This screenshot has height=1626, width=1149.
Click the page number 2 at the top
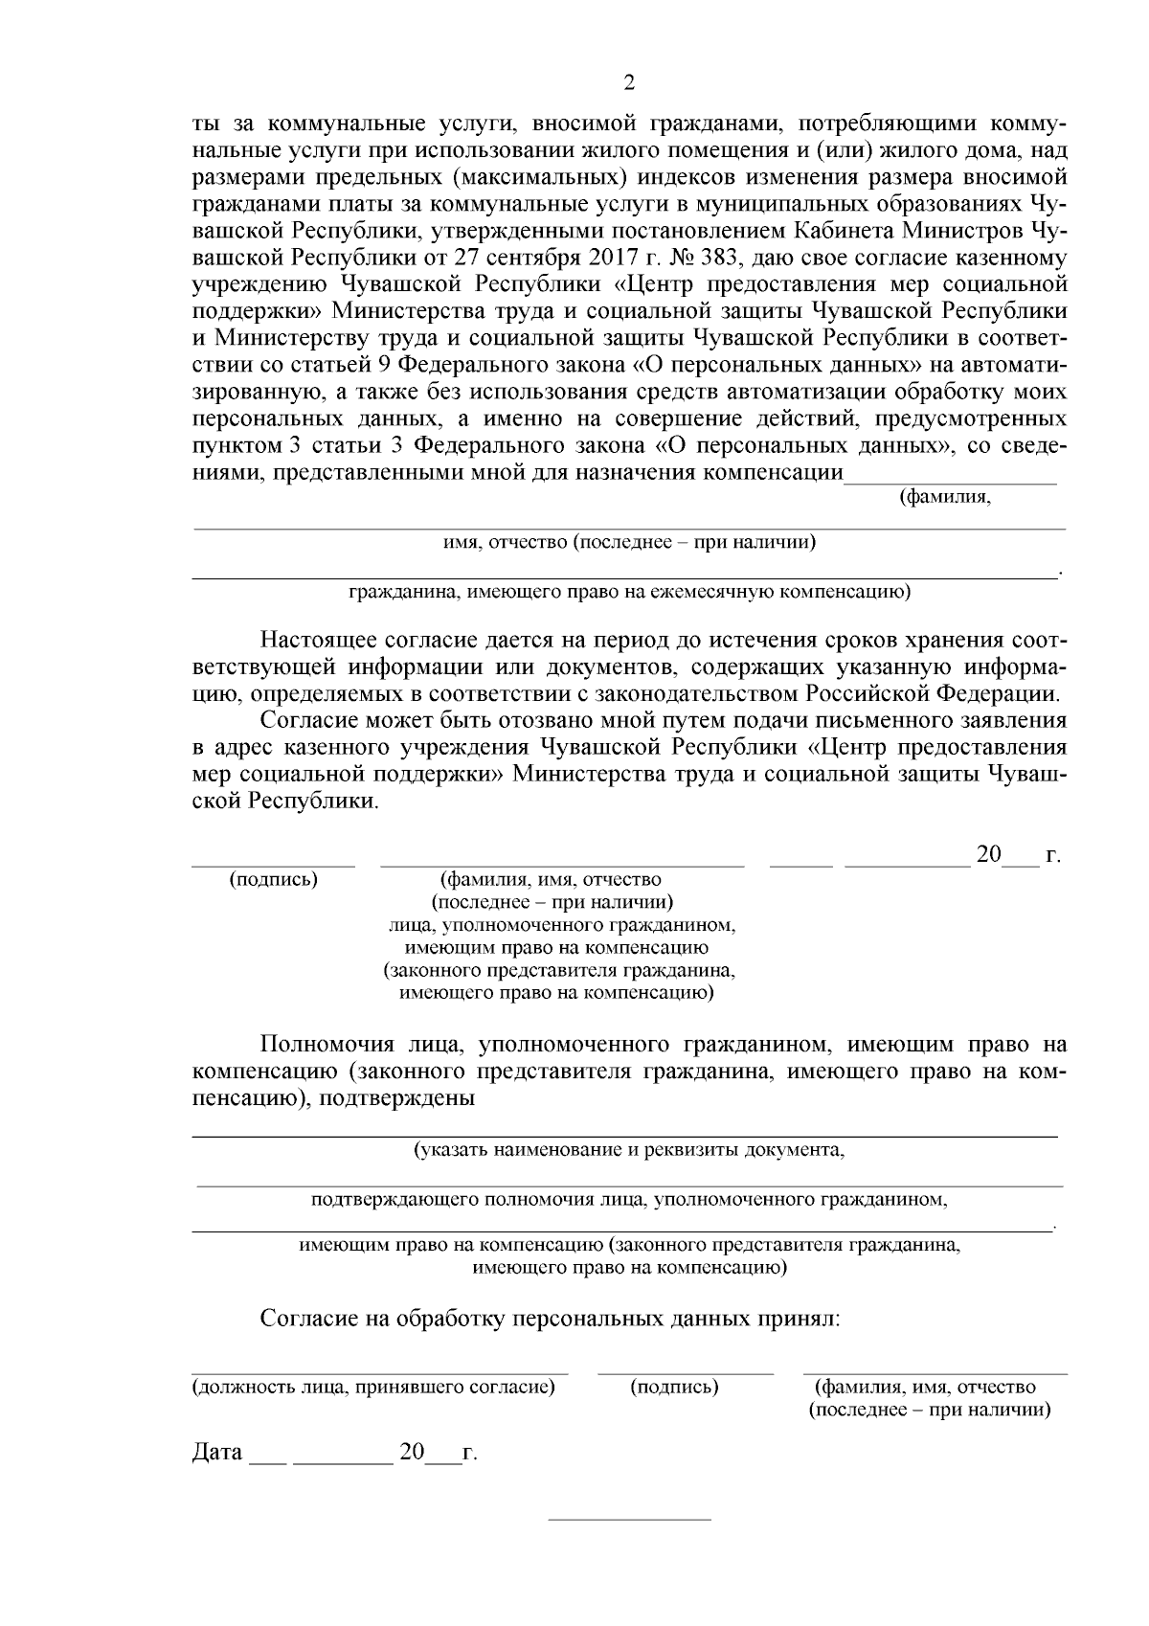point(629,82)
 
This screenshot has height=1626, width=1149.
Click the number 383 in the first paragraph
point(728,257)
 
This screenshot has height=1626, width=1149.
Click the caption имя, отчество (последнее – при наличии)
point(629,543)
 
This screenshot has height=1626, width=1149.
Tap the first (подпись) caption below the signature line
point(274,878)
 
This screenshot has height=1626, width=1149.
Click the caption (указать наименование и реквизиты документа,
point(629,1149)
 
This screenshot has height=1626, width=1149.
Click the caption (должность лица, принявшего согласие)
point(374,1387)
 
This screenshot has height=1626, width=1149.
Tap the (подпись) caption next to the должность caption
point(675,1387)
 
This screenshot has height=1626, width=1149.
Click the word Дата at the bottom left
point(217,1452)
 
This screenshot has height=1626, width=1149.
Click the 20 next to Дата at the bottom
point(412,1452)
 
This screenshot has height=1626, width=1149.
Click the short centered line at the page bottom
point(629,1519)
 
